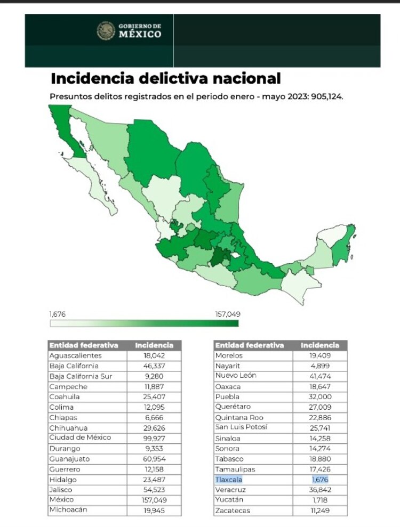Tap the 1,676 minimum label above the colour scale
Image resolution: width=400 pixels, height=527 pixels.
[x=58, y=314]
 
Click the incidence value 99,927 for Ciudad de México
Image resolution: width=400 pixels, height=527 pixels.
[x=154, y=438]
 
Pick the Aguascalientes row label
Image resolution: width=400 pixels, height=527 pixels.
[x=75, y=355]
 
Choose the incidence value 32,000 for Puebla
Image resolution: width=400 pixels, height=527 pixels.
[x=319, y=396]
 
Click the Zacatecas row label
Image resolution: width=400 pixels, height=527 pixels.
[x=233, y=510]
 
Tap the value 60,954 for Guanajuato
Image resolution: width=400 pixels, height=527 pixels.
[x=154, y=459]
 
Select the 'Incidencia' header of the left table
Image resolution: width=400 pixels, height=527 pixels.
[x=154, y=345]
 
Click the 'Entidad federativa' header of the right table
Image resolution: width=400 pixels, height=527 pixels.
[x=250, y=345]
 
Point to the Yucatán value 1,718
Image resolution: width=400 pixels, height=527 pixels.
[x=319, y=500]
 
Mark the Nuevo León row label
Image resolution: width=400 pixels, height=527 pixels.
[x=236, y=376]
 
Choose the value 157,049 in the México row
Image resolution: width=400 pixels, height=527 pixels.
[x=154, y=500]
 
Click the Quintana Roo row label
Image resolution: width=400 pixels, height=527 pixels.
[x=239, y=417]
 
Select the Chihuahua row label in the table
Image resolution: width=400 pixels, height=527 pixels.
[x=68, y=428]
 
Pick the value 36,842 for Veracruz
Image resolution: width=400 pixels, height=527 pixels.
[x=319, y=490]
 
